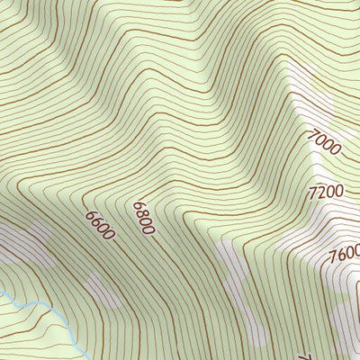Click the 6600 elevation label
pos(101,225)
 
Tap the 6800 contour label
pos(143,218)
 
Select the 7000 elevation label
pos(324,142)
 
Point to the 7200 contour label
pos(325,193)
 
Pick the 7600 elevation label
pos(344,255)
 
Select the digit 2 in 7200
pos(320,193)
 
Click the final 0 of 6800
pos(149,229)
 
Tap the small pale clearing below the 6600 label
pos(103,290)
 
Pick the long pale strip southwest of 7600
pos(243,288)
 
